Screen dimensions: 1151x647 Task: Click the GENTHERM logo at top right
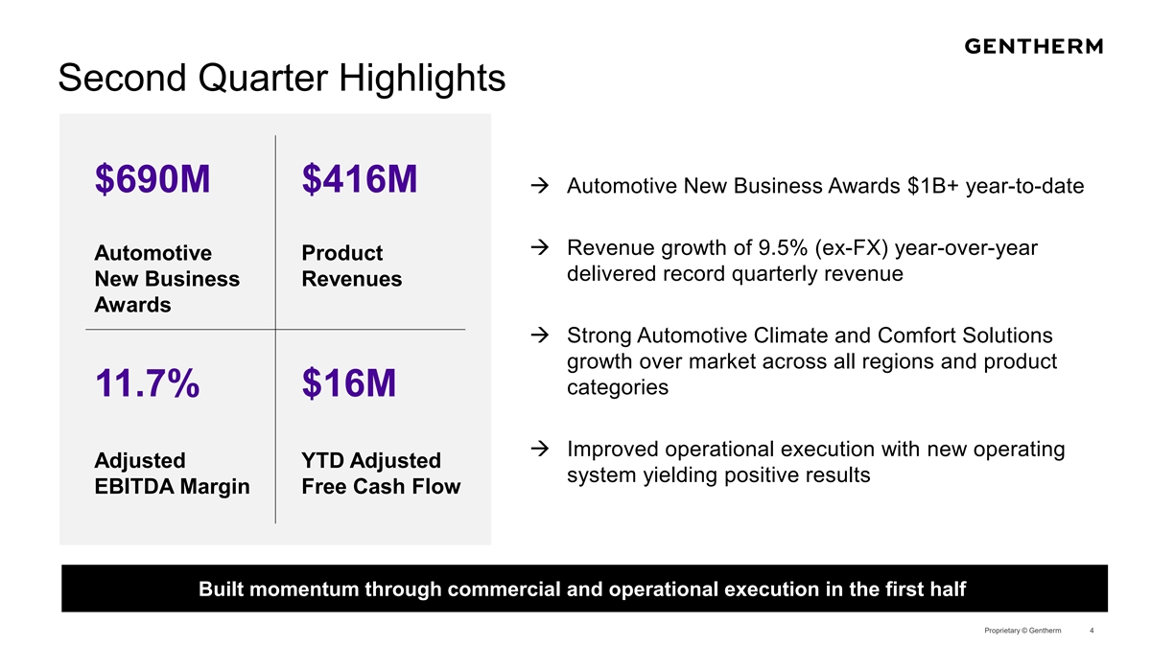tap(1033, 46)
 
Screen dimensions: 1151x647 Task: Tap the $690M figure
tap(153, 179)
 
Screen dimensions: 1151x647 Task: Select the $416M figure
tap(359, 179)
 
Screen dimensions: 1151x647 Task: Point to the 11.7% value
tap(147, 383)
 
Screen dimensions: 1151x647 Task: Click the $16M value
tap(349, 383)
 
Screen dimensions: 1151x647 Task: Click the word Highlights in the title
tap(422, 79)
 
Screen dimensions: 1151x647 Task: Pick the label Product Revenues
tap(351, 266)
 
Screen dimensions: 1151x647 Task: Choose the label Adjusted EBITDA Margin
tap(172, 474)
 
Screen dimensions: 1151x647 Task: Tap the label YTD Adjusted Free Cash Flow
tap(381, 474)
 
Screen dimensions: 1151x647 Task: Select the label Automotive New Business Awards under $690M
tap(167, 279)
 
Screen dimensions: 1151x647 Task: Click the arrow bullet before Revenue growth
tap(539, 247)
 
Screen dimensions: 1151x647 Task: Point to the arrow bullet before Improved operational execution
tap(539, 449)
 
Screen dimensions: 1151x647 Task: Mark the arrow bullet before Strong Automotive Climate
tap(539, 335)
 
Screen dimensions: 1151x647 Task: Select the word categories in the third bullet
tap(618, 387)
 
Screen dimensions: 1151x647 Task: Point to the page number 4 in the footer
tap(1092, 630)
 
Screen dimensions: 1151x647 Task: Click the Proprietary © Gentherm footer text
tap(1022, 630)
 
